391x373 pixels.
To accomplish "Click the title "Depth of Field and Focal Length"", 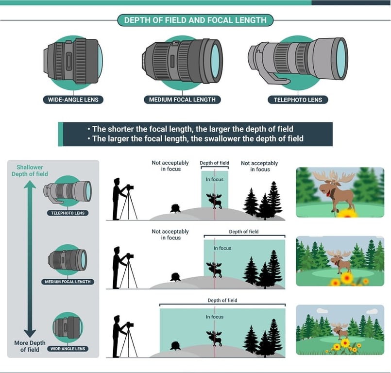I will pyautogui.click(x=195, y=20).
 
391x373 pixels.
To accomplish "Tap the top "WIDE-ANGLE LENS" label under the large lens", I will pyautogui.click(x=73, y=100).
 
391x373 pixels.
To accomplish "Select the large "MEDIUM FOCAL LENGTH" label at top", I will pyautogui.click(x=182, y=100).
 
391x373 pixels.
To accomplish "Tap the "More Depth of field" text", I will pyautogui.click(x=30, y=346).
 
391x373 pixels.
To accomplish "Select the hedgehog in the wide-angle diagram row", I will pyautogui.click(x=175, y=346).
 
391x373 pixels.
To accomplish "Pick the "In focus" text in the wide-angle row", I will pyautogui.click(x=214, y=317).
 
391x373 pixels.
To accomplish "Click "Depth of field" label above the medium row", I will pyautogui.click(x=243, y=232).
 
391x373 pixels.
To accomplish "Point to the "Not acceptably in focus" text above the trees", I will pyautogui.click(x=259, y=166).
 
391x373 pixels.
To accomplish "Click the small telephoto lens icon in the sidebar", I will pyautogui.click(x=69, y=192).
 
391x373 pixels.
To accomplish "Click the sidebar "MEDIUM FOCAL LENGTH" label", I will pyautogui.click(x=69, y=282).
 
